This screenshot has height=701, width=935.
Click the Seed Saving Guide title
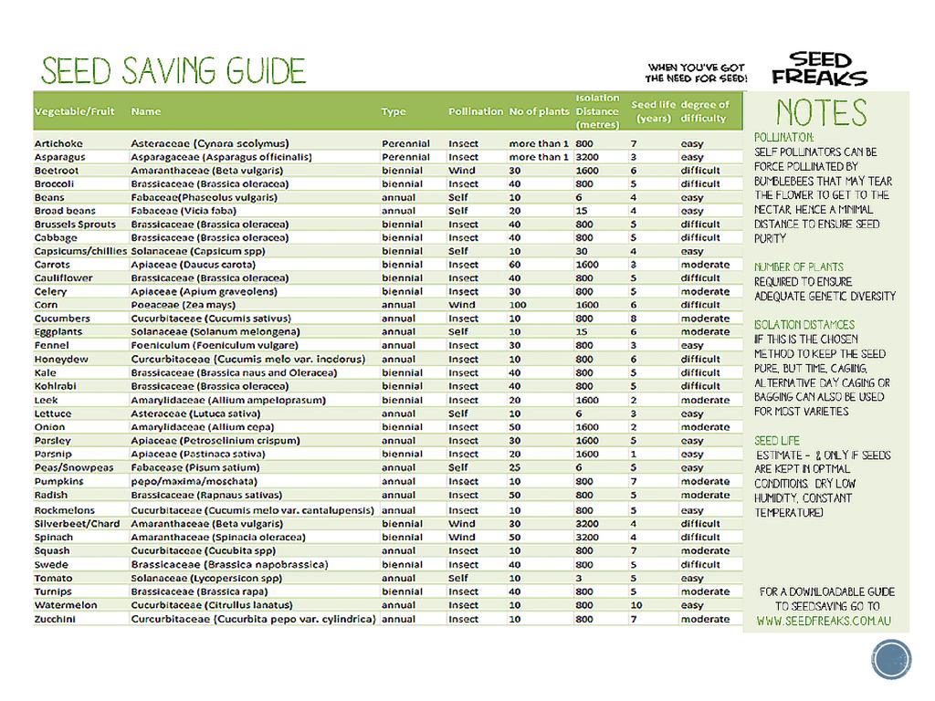tap(173, 71)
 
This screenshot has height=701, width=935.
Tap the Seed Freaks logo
tap(818, 69)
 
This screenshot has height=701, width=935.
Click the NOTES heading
tap(821, 113)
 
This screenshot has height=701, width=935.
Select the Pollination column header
tap(475, 111)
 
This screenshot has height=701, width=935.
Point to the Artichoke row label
tap(58, 143)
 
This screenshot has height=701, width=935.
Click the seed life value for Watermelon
tap(636, 605)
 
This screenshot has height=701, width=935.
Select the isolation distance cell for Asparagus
tap(586, 157)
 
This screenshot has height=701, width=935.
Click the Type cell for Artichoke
tap(405, 143)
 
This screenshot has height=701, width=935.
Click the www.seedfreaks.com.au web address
tap(824, 622)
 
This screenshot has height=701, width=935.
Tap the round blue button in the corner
tap(891, 660)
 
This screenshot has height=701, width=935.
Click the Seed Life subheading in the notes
tap(777, 441)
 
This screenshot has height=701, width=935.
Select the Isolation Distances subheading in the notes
tap(804, 324)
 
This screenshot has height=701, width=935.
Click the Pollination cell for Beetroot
tap(462, 171)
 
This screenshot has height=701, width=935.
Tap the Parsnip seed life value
tap(633, 454)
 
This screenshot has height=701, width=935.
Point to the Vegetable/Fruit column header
tap(75, 111)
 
